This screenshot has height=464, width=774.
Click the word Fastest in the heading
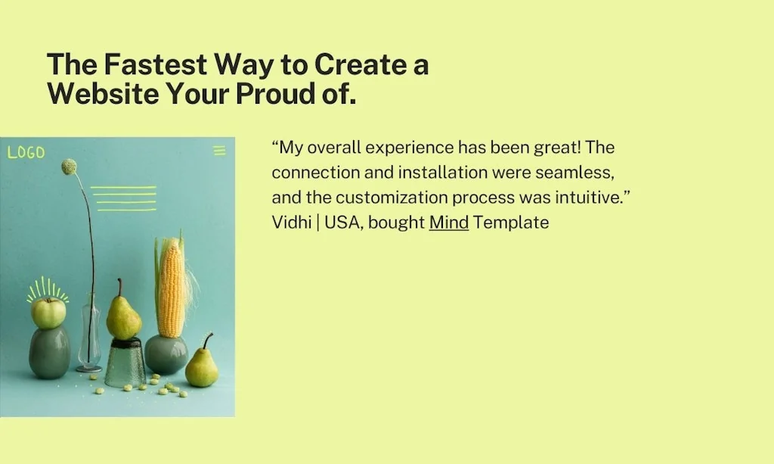coord(156,64)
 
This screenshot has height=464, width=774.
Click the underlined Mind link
coord(449,223)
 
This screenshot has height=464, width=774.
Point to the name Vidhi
coord(291,223)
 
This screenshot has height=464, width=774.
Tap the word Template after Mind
coord(511,223)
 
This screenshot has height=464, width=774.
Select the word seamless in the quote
coord(574,173)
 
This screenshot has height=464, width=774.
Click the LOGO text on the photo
coord(26,152)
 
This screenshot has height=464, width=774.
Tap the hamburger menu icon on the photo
coord(220,150)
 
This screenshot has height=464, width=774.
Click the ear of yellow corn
coord(172,287)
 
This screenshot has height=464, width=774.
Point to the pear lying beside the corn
coord(202,363)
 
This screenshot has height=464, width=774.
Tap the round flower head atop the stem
coord(69,167)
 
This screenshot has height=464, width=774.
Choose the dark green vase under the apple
coord(49,352)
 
